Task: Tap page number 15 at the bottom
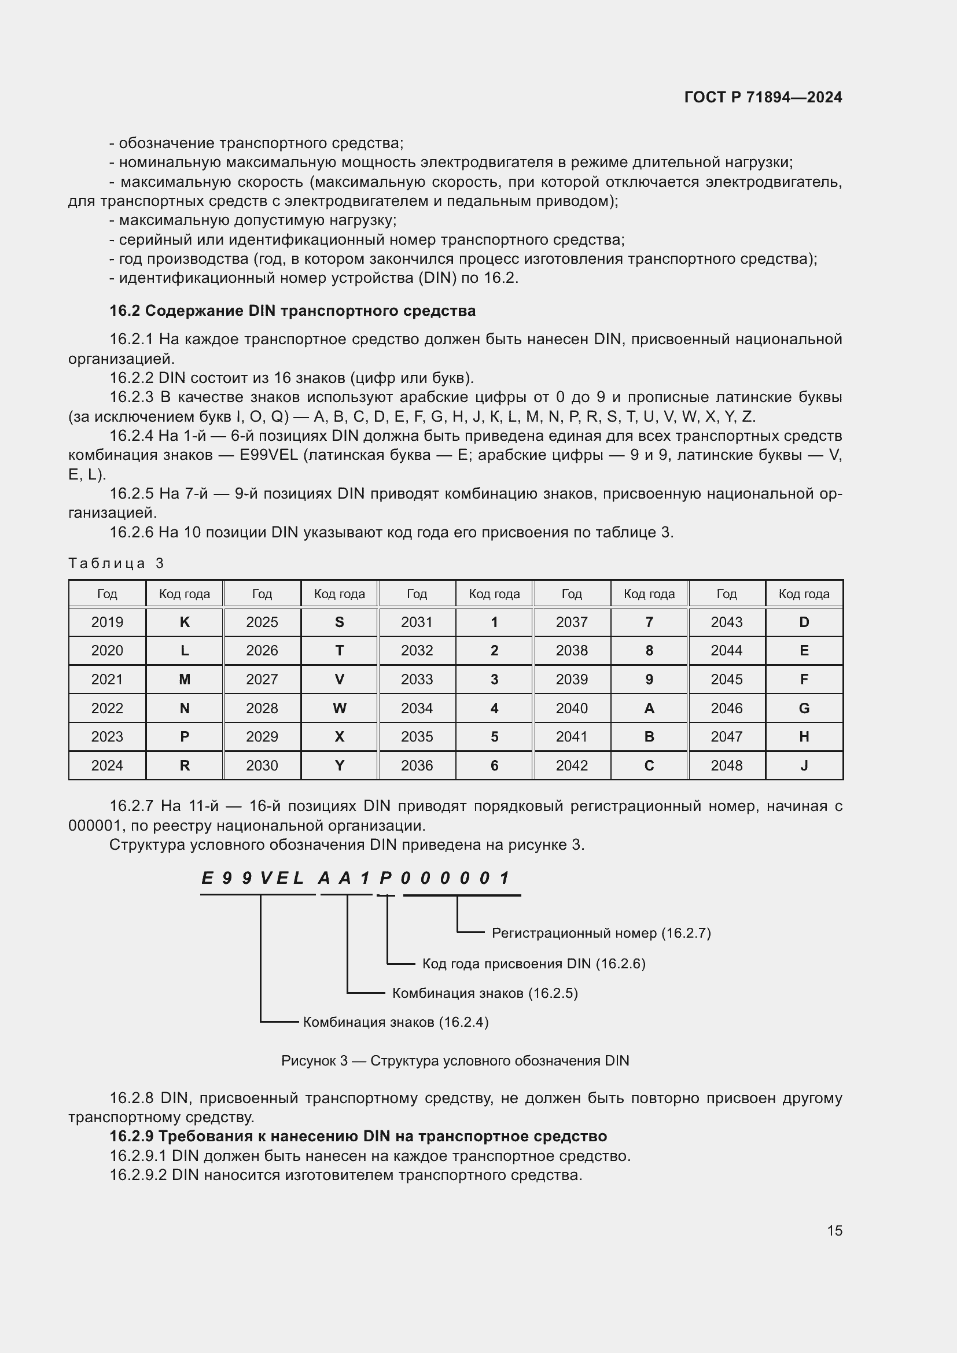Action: (x=834, y=1230)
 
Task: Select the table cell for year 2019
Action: (x=107, y=622)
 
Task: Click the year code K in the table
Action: (x=185, y=622)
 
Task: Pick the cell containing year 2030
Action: (x=262, y=765)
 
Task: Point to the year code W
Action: (x=340, y=709)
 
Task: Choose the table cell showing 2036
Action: (x=417, y=765)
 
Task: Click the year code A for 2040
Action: (x=649, y=709)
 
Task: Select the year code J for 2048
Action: (x=804, y=765)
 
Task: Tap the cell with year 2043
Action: (x=726, y=622)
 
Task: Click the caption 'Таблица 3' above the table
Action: (x=116, y=563)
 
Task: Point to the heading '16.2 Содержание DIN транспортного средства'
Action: (x=292, y=311)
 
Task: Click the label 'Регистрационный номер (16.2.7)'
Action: (x=601, y=934)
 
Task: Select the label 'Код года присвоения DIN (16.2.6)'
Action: (x=534, y=964)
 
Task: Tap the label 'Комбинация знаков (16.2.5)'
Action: (x=485, y=994)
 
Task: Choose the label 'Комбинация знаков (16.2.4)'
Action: (x=395, y=1022)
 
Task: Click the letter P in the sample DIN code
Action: (x=386, y=879)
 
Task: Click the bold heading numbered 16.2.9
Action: (x=358, y=1136)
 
